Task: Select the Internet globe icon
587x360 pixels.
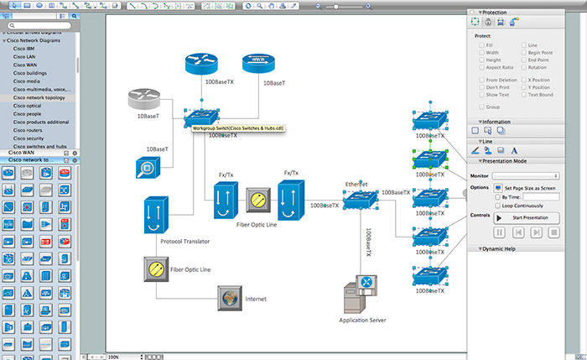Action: pyautogui.click(x=229, y=297)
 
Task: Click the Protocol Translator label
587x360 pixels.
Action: pyautogui.click(x=184, y=242)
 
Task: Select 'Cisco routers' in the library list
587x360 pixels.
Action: pyautogui.click(x=30, y=130)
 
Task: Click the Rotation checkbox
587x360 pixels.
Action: pyautogui.click(x=524, y=67)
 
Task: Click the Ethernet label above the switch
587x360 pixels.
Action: pyautogui.click(x=357, y=183)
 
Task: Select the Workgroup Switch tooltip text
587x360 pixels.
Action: pyautogui.click(x=238, y=128)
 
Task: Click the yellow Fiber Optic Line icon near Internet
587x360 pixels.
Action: pyautogui.click(x=154, y=269)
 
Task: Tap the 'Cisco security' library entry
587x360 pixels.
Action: pyautogui.click(x=29, y=138)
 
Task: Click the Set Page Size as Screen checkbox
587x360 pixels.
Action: pyautogui.click(x=497, y=188)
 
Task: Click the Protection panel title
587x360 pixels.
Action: pyautogui.click(x=494, y=13)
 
